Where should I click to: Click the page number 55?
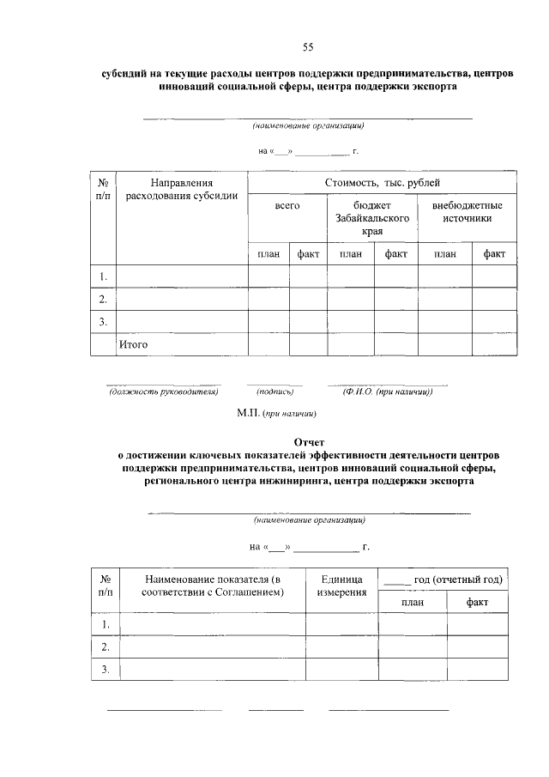(309, 46)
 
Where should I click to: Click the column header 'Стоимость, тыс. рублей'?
(383, 183)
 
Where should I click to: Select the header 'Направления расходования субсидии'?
(181, 189)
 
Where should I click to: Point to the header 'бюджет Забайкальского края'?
(371, 219)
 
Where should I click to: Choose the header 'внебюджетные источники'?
(468, 212)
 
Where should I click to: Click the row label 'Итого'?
(134, 344)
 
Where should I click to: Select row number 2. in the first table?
(103, 299)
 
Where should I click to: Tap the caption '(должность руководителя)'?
(163, 392)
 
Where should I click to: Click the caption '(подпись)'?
(275, 392)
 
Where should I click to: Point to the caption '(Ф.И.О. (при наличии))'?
(387, 392)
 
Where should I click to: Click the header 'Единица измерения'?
(343, 586)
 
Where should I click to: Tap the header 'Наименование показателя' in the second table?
(213, 586)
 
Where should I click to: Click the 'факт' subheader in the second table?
(477, 603)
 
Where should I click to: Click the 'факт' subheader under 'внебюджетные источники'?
(494, 254)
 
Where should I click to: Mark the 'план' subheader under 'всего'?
(268, 254)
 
